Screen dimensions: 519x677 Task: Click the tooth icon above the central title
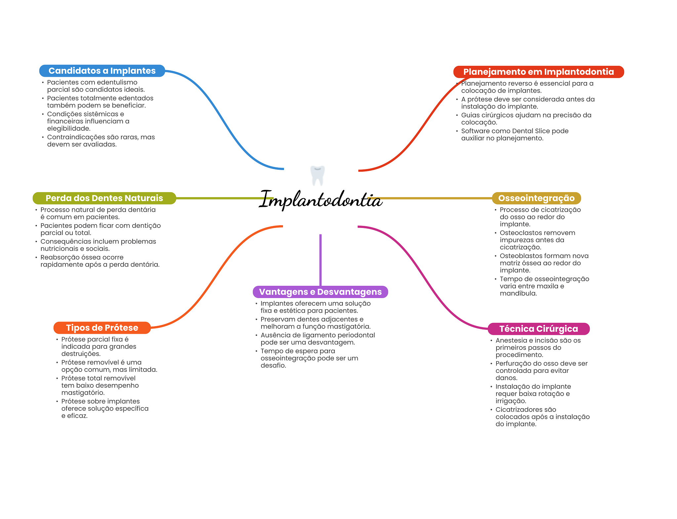pos(317,175)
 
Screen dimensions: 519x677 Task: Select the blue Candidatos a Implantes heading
pos(102,71)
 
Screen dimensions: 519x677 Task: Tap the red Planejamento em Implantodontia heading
pos(538,72)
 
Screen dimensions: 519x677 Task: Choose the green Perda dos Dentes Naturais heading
pos(104,198)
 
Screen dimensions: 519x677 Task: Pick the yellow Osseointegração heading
pos(536,198)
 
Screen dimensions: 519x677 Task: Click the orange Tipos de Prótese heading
pos(102,328)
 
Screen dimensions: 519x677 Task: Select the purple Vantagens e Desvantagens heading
pos(320,292)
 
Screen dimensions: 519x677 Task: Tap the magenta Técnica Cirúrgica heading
pos(538,329)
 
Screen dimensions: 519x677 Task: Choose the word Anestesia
pos(511,340)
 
